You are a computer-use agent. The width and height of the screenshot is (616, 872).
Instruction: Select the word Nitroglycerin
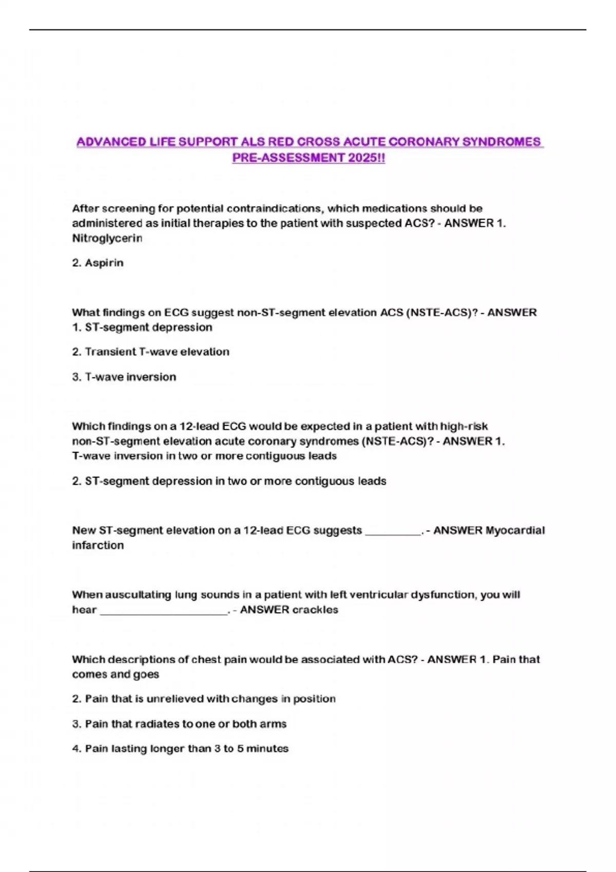pyautogui.click(x=107, y=238)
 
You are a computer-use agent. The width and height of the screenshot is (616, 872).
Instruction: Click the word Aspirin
pyautogui.click(x=104, y=263)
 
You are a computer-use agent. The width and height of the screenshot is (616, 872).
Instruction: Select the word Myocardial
pyautogui.click(x=515, y=530)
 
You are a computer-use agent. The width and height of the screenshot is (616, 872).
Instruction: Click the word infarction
pyautogui.click(x=98, y=545)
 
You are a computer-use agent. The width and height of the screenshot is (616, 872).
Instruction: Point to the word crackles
pyautogui.click(x=315, y=610)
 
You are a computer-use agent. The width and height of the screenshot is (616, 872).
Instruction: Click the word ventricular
pyautogui.click(x=388, y=595)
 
